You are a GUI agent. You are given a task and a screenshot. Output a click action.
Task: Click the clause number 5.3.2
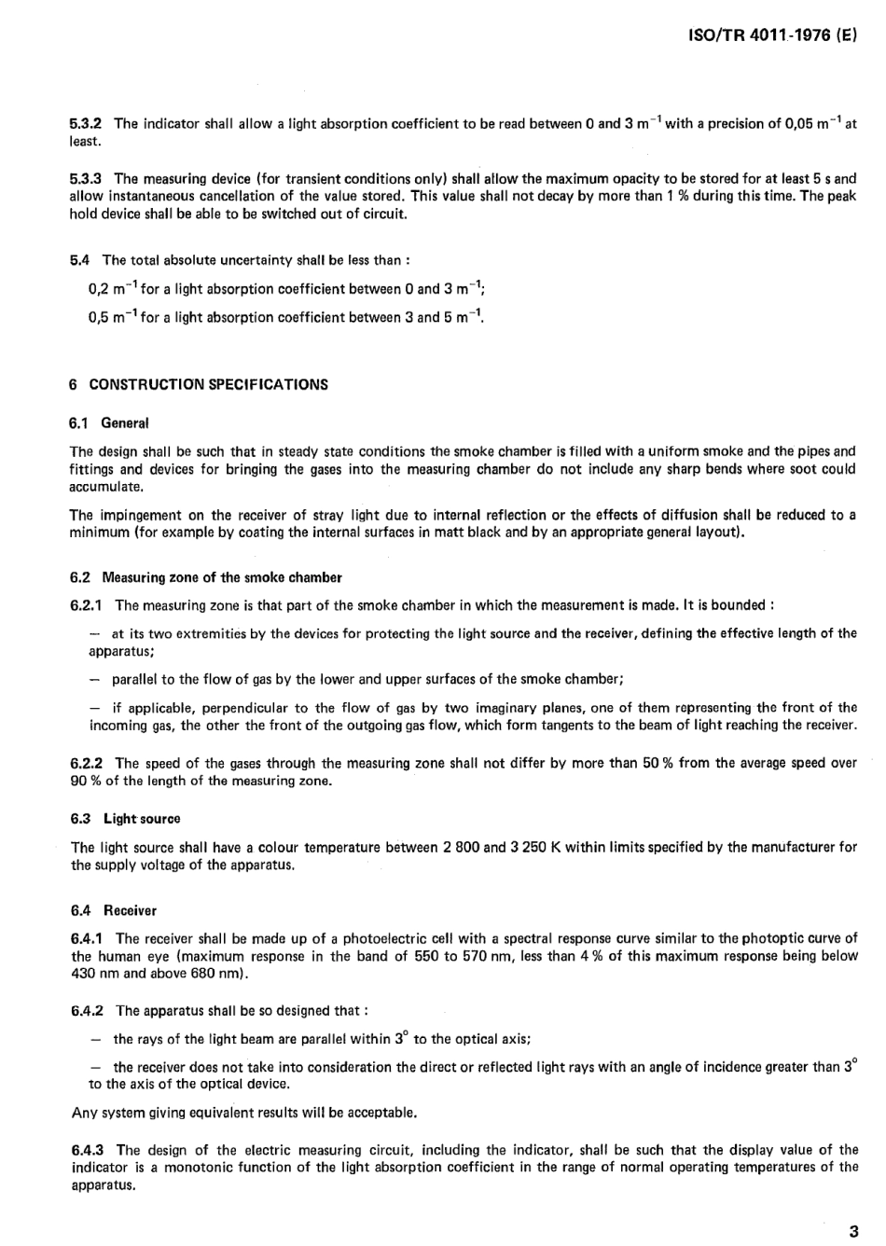point(86,124)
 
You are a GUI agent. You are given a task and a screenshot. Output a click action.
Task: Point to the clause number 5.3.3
point(86,179)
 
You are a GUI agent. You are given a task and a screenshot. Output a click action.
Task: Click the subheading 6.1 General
point(109,423)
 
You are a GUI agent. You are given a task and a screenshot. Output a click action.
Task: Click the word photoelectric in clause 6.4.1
point(364,938)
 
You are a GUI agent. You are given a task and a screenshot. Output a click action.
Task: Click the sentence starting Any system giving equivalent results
point(244,1113)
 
